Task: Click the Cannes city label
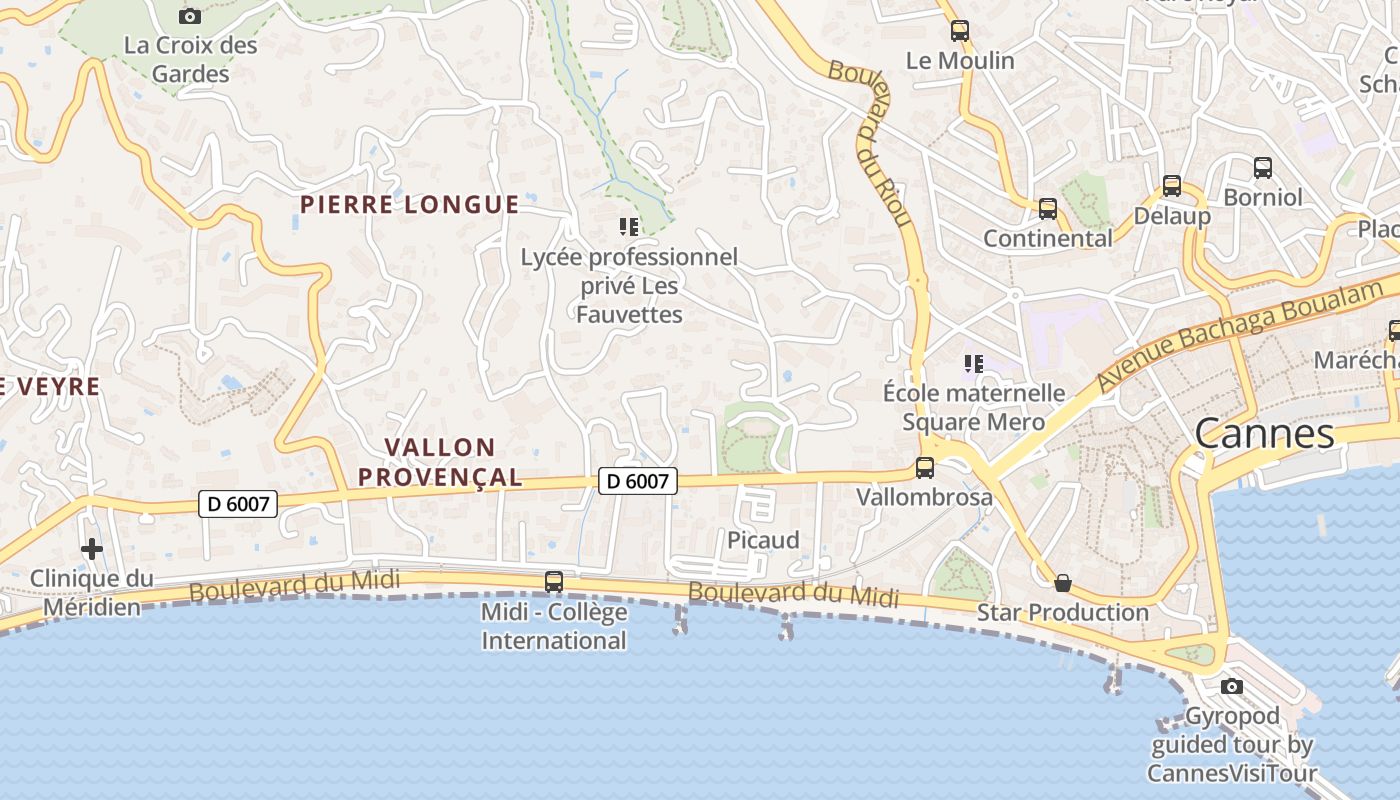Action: (x=1264, y=434)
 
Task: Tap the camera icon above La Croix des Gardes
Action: (x=189, y=16)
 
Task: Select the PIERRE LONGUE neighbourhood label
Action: (x=410, y=205)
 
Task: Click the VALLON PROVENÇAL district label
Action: (x=440, y=462)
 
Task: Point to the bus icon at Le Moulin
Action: (x=960, y=31)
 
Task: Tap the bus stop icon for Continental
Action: (x=1047, y=209)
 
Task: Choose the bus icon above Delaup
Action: (x=1171, y=186)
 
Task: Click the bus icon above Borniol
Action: (x=1262, y=168)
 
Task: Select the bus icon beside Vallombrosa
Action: (x=925, y=468)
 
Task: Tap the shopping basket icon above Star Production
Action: (x=1063, y=583)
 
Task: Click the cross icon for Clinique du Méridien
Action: (x=92, y=549)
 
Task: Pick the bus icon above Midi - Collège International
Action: (x=553, y=581)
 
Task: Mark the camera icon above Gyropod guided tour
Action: (x=1232, y=686)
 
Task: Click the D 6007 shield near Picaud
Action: (x=638, y=481)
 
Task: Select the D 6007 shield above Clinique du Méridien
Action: (x=238, y=503)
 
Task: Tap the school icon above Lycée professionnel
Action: (x=628, y=227)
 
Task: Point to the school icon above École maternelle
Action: (x=974, y=364)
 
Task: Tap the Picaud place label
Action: (x=763, y=540)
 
